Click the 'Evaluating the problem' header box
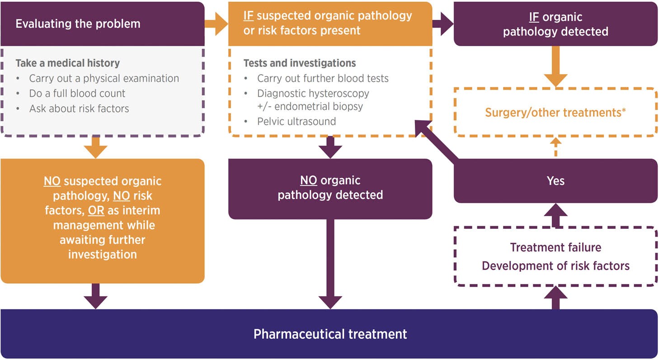point(103,24)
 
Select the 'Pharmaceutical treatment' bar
point(329,334)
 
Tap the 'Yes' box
point(555,181)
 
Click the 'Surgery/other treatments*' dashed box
point(555,112)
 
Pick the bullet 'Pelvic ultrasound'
point(297,121)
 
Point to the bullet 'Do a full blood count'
point(77,94)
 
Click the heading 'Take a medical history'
point(68,63)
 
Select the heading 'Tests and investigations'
point(300,63)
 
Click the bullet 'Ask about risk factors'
point(79,109)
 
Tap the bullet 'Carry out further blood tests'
point(323,78)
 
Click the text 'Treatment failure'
point(555,247)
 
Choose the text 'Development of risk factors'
point(555,265)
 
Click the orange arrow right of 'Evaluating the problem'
point(217,24)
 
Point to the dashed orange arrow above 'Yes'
point(555,147)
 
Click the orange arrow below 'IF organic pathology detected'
point(555,66)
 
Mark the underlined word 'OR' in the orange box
point(96,210)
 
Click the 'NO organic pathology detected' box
point(330,188)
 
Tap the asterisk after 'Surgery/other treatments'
point(624,111)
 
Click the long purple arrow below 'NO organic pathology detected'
point(330,262)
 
